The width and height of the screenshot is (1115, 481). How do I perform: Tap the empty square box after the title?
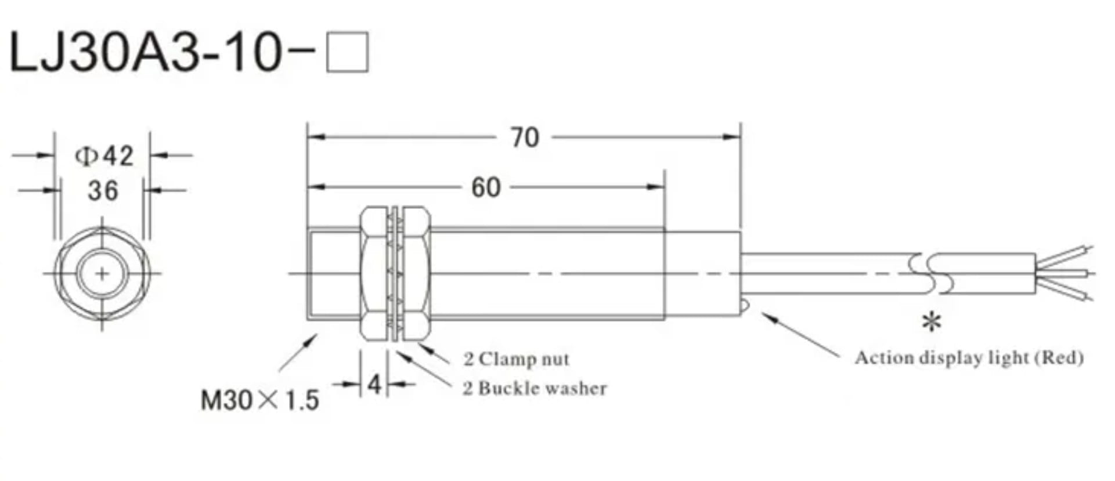pos(347,52)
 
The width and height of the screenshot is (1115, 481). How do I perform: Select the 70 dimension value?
pos(525,138)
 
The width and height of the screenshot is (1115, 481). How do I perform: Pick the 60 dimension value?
pos(486,187)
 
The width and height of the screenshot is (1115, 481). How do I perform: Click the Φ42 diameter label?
pos(104,155)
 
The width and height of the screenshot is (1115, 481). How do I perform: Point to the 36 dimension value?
pos(103,190)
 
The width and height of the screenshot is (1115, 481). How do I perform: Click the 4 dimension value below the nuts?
pos(374,384)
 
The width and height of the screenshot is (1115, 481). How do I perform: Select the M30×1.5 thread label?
pos(260,400)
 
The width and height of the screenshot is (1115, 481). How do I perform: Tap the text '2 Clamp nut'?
pos(517,359)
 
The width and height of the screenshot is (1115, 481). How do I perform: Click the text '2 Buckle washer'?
pos(535,388)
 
